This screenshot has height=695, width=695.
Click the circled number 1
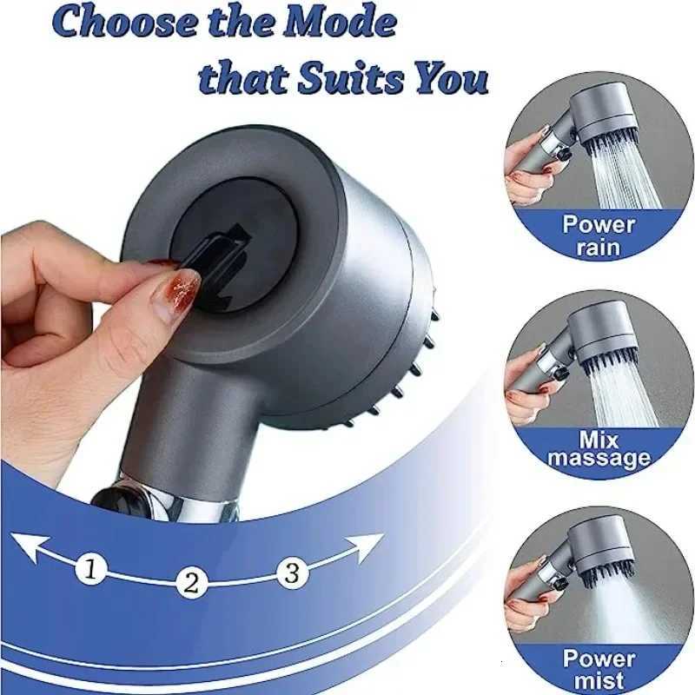(x=90, y=570)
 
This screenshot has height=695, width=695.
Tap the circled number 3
(x=293, y=573)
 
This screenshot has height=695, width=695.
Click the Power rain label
(x=599, y=235)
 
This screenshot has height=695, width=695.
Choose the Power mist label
(x=599, y=668)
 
